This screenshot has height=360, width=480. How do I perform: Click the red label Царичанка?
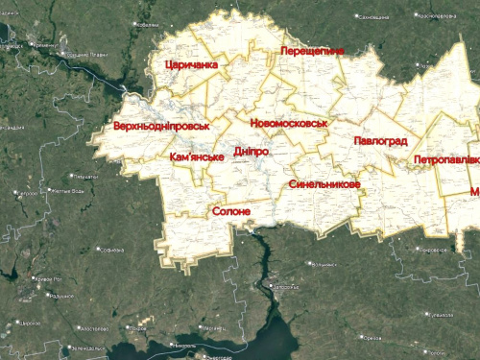coord(191,64)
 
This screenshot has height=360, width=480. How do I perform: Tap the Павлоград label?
coord(379,140)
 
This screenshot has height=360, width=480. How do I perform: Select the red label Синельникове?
coord(324,183)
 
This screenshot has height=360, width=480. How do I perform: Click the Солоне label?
coord(231,211)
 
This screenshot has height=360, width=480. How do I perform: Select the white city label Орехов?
coord(374,337)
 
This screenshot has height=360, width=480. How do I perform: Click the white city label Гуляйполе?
coord(444,314)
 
